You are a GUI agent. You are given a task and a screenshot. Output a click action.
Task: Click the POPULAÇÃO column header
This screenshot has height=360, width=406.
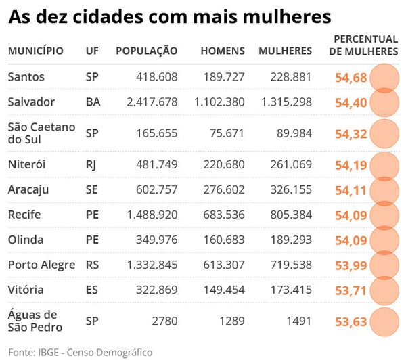pyautogui.click(x=146, y=51)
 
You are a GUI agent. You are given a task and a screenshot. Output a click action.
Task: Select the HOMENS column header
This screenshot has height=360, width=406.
pyautogui.click(x=223, y=51)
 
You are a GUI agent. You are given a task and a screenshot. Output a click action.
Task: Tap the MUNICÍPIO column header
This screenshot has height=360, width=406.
pyautogui.click(x=36, y=51)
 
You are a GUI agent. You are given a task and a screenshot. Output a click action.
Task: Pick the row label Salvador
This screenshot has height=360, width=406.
pyautogui.click(x=31, y=102)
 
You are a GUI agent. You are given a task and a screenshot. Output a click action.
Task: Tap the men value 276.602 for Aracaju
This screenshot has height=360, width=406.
pyautogui.click(x=224, y=190)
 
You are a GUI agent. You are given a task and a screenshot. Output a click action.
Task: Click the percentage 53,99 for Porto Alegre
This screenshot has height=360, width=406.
pyautogui.click(x=351, y=265)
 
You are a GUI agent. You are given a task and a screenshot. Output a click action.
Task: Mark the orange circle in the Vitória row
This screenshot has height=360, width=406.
pyautogui.click(x=385, y=290)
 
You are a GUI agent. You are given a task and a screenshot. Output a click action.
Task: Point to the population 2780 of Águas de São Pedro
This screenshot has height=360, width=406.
pyautogui.click(x=165, y=321)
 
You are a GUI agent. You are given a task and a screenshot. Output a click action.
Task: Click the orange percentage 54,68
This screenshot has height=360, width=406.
pyautogui.click(x=351, y=78)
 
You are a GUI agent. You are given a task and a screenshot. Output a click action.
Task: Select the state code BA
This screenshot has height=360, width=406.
pyautogui.click(x=93, y=102)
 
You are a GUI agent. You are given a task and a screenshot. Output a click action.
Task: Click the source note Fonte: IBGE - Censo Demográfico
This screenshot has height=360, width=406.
pyautogui.click(x=81, y=352)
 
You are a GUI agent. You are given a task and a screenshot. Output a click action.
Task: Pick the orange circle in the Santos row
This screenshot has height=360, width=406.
pyautogui.click(x=385, y=77)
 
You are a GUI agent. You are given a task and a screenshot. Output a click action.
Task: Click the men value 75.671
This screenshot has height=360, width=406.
pyautogui.click(x=227, y=133)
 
